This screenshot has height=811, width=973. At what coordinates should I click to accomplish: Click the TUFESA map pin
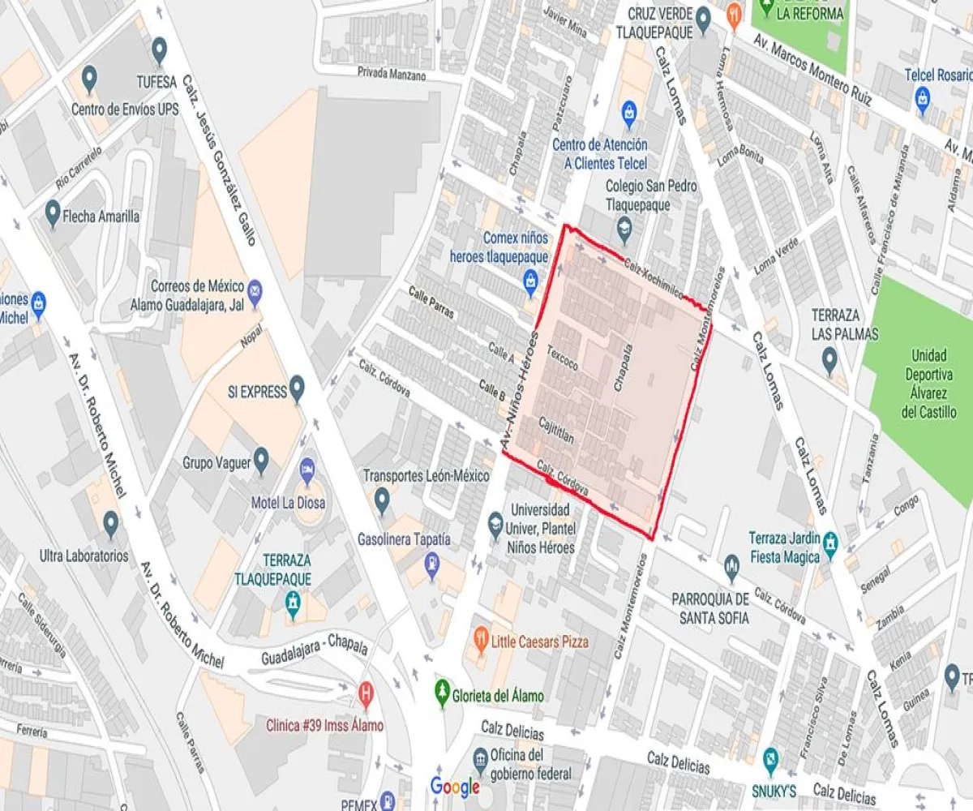coord(159,51)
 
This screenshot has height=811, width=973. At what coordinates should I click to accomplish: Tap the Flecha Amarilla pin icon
coord(54,212)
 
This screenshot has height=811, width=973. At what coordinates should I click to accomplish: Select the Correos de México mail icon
coord(255,290)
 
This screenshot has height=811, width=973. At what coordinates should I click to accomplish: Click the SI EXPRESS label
coord(255,393)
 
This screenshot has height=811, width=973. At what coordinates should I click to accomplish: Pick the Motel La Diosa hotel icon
coord(307,469)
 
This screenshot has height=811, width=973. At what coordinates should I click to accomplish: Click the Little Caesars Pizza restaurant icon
coord(480,635)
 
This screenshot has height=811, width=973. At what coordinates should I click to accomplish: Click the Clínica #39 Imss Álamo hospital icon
coord(366,693)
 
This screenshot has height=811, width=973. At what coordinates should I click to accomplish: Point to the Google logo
coord(455,786)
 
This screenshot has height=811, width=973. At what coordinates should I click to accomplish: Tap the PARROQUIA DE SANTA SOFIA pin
coord(732,564)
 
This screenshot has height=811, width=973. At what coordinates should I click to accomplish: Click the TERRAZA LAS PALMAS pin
coord(829,358)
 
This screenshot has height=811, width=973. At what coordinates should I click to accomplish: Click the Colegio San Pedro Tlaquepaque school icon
coord(624,228)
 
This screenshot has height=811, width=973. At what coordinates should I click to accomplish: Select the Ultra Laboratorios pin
coord(111,524)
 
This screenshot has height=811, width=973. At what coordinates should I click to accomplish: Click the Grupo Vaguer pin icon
coord(261,461)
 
